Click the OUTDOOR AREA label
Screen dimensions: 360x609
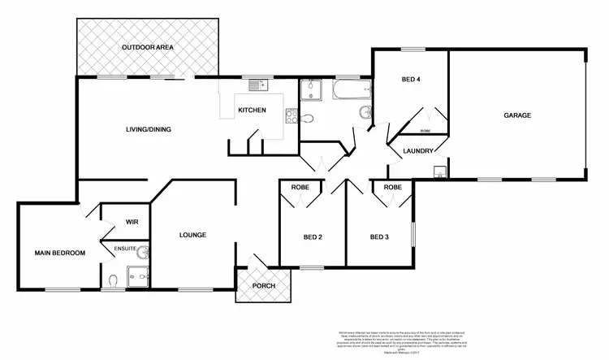coord(148,48)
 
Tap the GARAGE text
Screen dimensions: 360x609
coord(517,116)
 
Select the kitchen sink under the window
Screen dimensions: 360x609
coord(257,85)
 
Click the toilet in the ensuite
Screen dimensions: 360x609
coord(114,281)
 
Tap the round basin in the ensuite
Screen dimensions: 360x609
coord(143,252)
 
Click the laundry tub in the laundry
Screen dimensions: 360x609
coord(438,171)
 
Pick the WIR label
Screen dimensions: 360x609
coord(132,221)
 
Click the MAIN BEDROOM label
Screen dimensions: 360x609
coord(59,254)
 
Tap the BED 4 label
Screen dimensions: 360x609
coord(411,80)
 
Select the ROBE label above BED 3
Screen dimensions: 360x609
coord(392,188)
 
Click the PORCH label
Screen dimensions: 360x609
coord(263,287)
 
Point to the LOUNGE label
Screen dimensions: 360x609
coord(192,236)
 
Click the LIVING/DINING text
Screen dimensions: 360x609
coord(148,129)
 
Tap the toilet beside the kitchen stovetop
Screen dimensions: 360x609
coord(306,119)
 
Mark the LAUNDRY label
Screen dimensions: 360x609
coord(412,151)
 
